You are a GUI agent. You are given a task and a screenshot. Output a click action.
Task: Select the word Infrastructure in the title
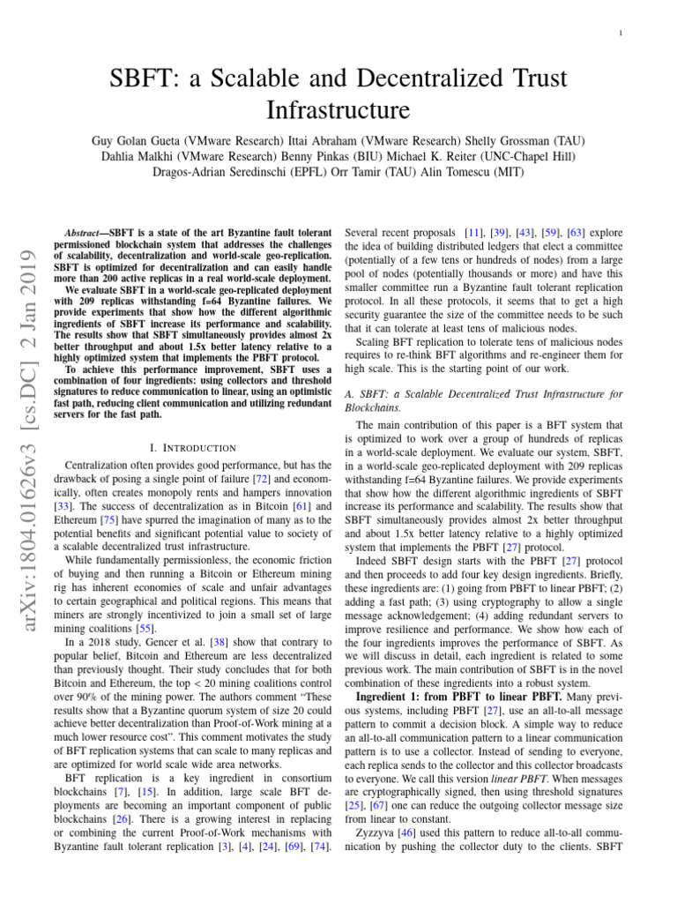(338, 111)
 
